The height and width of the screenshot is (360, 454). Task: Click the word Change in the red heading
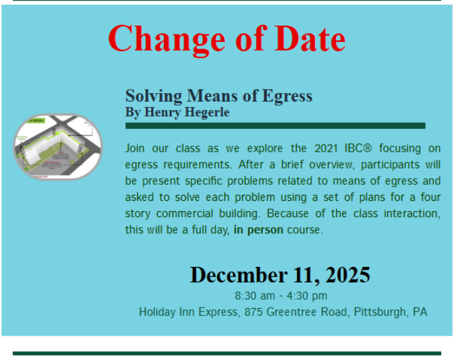tap(167, 40)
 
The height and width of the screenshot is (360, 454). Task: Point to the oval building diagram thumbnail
tap(58, 147)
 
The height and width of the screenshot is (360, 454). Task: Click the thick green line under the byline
tap(275, 125)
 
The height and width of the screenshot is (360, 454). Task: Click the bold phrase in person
tap(258, 230)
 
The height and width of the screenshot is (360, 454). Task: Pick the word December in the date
tap(239, 274)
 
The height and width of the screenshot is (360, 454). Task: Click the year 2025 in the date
tap(347, 274)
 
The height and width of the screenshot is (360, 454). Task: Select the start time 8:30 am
tap(255, 296)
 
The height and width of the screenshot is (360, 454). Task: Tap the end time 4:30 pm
tap(307, 296)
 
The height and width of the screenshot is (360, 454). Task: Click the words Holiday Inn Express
tap(189, 312)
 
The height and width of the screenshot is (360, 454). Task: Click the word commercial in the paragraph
tap(185, 214)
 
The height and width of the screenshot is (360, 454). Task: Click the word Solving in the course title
tap(154, 96)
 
